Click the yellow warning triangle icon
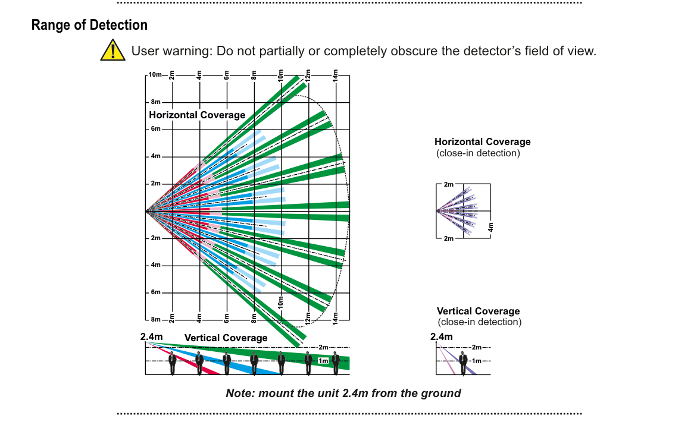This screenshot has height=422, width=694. [112, 50]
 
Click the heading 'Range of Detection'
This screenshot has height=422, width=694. [89, 26]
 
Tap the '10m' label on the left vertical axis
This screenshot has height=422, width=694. [155, 75]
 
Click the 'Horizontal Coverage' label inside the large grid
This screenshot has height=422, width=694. [197, 115]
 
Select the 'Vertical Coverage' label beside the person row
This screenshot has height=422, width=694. [226, 338]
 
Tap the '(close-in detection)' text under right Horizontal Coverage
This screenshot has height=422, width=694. [478, 153]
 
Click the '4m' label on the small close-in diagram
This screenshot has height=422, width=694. [491, 228]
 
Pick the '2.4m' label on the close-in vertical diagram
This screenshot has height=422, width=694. [441, 337]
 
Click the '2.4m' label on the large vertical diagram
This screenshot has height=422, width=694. [151, 337]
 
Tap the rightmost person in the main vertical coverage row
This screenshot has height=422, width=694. [336, 362]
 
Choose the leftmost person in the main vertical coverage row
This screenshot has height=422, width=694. [173, 362]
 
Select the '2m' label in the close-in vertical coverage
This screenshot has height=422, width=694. [476, 347]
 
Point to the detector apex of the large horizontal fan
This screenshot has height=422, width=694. [148, 211]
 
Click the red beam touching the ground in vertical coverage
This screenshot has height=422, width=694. [210, 370]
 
